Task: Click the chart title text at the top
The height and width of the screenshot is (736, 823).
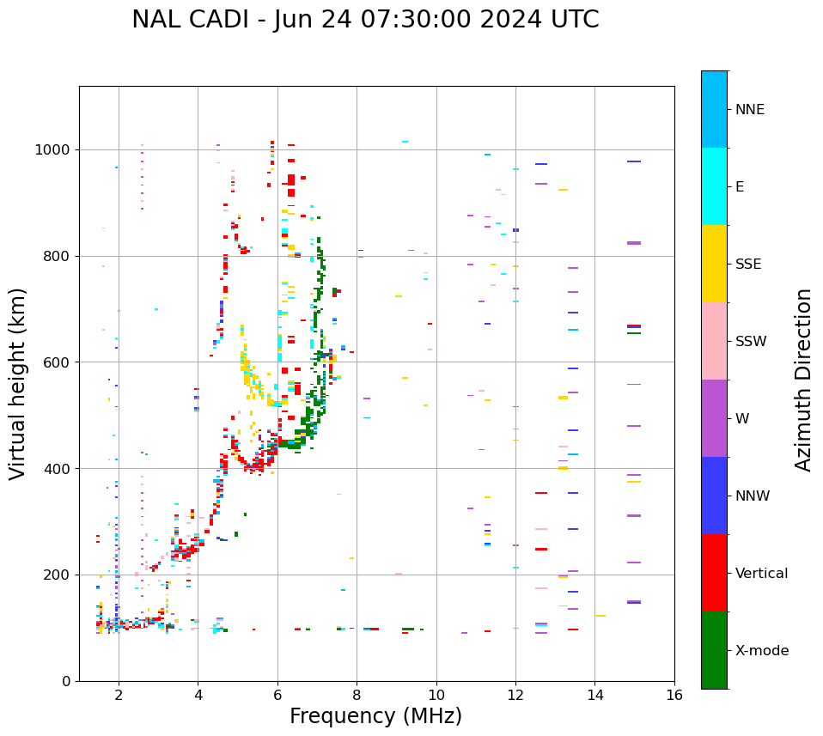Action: [365, 20]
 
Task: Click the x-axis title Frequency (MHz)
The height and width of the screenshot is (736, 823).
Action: [375, 716]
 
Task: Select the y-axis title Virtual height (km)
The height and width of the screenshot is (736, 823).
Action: [18, 383]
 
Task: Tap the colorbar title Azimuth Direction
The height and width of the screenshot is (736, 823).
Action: [803, 380]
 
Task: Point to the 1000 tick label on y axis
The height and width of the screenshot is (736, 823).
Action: [54, 150]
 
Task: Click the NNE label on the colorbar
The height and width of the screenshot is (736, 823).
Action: [749, 110]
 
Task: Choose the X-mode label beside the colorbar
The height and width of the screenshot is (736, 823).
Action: [761, 651]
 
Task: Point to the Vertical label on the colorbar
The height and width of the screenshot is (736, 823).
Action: [761, 574]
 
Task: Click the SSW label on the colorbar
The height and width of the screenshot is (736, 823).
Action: [750, 342]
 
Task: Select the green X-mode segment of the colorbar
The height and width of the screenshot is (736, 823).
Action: [714, 650]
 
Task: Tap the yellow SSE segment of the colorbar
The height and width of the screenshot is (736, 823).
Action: [714, 264]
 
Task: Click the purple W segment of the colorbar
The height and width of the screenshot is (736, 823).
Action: [714, 418]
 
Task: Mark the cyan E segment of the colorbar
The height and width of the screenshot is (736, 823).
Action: [714, 186]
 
